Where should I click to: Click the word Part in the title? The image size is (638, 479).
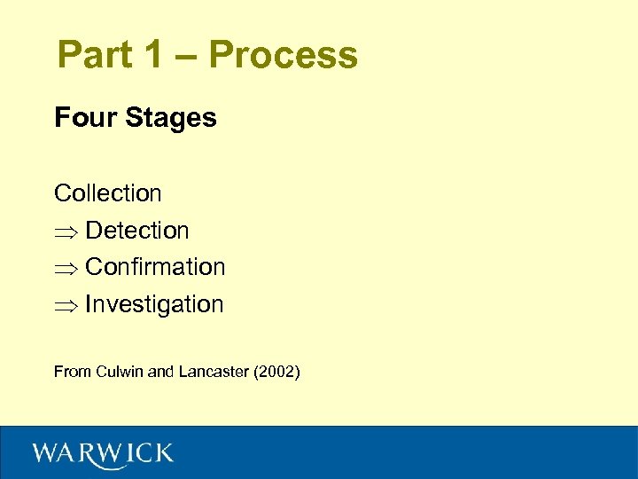pyautogui.click(x=94, y=55)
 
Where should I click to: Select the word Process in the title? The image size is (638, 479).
pyautogui.click(x=284, y=55)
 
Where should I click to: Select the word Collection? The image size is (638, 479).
pyautogui.click(x=108, y=192)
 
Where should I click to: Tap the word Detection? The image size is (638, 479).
pyautogui.click(x=137, y=231)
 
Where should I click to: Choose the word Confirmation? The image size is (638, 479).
pyautogui.click(x=155, y=267)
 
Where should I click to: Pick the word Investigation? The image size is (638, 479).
pyautogui.click(x=154, y=305)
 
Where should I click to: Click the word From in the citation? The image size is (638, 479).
pyautogui.click(x=72, y=372)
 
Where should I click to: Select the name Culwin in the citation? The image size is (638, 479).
pyautogui.click(x=118, y=372)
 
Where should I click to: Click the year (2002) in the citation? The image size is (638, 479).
pyautogui.click(x=276, y=372)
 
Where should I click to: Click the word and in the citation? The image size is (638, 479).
pyautogui.click(x=160, y=372)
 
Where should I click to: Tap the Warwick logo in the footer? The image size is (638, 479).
pyautogui.click(x=103, y=453)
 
